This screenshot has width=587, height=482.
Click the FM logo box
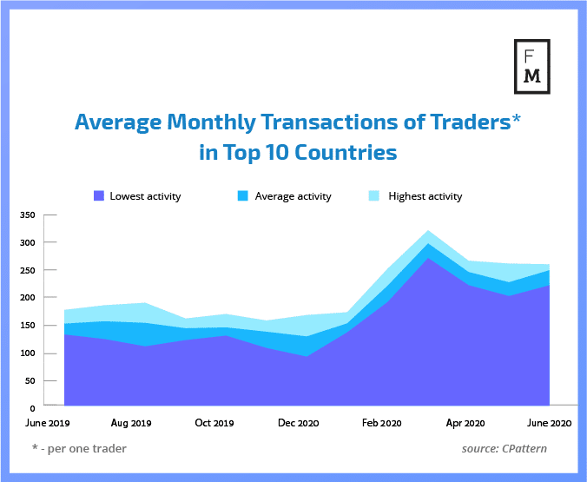click(x=532, y=64)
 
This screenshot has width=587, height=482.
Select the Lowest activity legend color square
click(x=98, y=196)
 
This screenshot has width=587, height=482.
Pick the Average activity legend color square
click(x=243, y=196)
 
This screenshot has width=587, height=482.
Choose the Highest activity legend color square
click(x=376, y=196)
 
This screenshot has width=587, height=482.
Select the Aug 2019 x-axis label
click(x=132, y=424)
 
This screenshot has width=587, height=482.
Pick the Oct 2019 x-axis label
click(x=214, y=424)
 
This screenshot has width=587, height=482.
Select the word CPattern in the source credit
click(x=529, y=449)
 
